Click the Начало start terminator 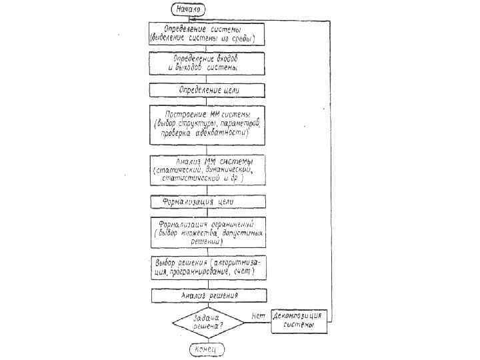click(x=189, y=9)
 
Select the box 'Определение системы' click(x=207, y=33)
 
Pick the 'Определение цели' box click(x=207, y=89)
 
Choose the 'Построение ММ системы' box click(x=207, y=123)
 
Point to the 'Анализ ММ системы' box click(x=207, y=171)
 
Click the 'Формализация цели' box click(x=207, y=201)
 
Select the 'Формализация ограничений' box click(x=207, y=231)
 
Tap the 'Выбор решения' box click(x=207, y=267)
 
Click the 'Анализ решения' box click(x=207, y=294)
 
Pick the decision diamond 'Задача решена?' click(x=207, y=323)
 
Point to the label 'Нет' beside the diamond click(x=259, y=315)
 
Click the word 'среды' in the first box click(x=239, y=39)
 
